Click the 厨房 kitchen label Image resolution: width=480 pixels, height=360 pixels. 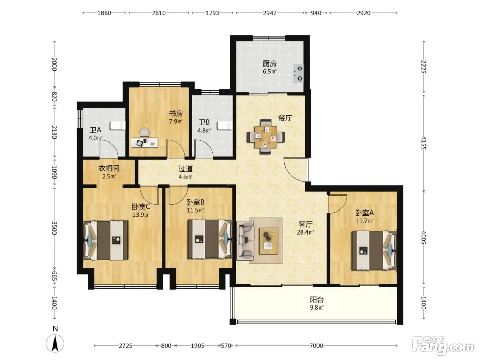tap(269, 64)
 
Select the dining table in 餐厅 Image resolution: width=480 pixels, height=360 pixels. tap(266, 136)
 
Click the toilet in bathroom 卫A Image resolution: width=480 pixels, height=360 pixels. tap(118, 126)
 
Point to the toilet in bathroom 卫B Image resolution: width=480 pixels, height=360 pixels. tap(225, 126)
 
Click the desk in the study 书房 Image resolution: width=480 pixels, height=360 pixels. tap(144, 143)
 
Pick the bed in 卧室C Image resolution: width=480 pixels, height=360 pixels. tap(106, 240)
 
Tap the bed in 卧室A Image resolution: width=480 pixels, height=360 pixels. tap(374, 251)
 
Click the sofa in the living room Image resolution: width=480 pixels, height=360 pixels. tap(245, 240)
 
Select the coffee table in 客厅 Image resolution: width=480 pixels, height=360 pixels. tap(268, 241)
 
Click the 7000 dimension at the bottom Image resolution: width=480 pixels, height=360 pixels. tap(316, 346)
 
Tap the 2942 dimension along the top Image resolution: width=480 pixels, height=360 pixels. tap(269, 13)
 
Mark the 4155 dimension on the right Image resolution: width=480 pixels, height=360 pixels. tap(424, 143)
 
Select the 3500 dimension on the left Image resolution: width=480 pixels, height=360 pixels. tap(55, 228)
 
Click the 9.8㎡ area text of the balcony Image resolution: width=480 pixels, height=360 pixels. tap(317, 308)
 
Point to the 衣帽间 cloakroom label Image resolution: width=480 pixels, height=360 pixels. tap(109, 168)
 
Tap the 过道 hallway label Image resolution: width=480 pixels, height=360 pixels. tap(185, 169)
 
